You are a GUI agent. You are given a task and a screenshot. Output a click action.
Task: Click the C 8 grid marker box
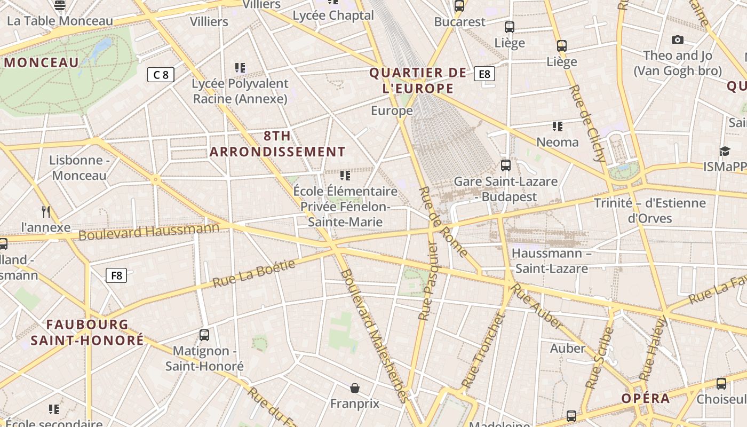click(161, 75)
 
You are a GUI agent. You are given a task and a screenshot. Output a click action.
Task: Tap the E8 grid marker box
click(484, 74)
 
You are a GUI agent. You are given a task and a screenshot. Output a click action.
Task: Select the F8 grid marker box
click(116, 275)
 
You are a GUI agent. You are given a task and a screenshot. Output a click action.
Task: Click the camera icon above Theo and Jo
click(678, 39)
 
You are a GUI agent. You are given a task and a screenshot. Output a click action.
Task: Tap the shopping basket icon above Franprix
click(355, 388)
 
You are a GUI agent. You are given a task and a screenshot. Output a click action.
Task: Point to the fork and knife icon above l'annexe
click(46, 212)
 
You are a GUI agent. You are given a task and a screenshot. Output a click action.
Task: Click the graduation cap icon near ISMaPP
click(724, 152)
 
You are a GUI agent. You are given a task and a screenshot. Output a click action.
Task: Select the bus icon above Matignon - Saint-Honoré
click(204, 335)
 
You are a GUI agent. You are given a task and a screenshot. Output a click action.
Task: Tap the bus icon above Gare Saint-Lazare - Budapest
click(505, 165)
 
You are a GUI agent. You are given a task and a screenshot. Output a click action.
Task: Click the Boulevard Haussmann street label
click(149, 231)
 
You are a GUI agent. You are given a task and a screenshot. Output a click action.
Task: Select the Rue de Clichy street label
click(587, 123)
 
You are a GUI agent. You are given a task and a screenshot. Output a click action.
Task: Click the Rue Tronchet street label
click(482, 351)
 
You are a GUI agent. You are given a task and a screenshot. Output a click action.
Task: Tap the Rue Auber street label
click(537, 306)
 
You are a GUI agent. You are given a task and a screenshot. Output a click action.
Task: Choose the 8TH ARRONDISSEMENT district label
click(277, 144)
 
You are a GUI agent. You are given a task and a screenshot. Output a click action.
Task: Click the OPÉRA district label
click(645, 399)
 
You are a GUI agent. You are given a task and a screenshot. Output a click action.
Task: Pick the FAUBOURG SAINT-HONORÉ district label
click(87, 332)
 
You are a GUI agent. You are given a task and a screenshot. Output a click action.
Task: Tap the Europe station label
click(392, 110)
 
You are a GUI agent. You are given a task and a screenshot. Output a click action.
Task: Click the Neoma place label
click(558, 142)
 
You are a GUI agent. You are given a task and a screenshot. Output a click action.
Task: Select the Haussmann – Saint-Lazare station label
click(552, 260)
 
